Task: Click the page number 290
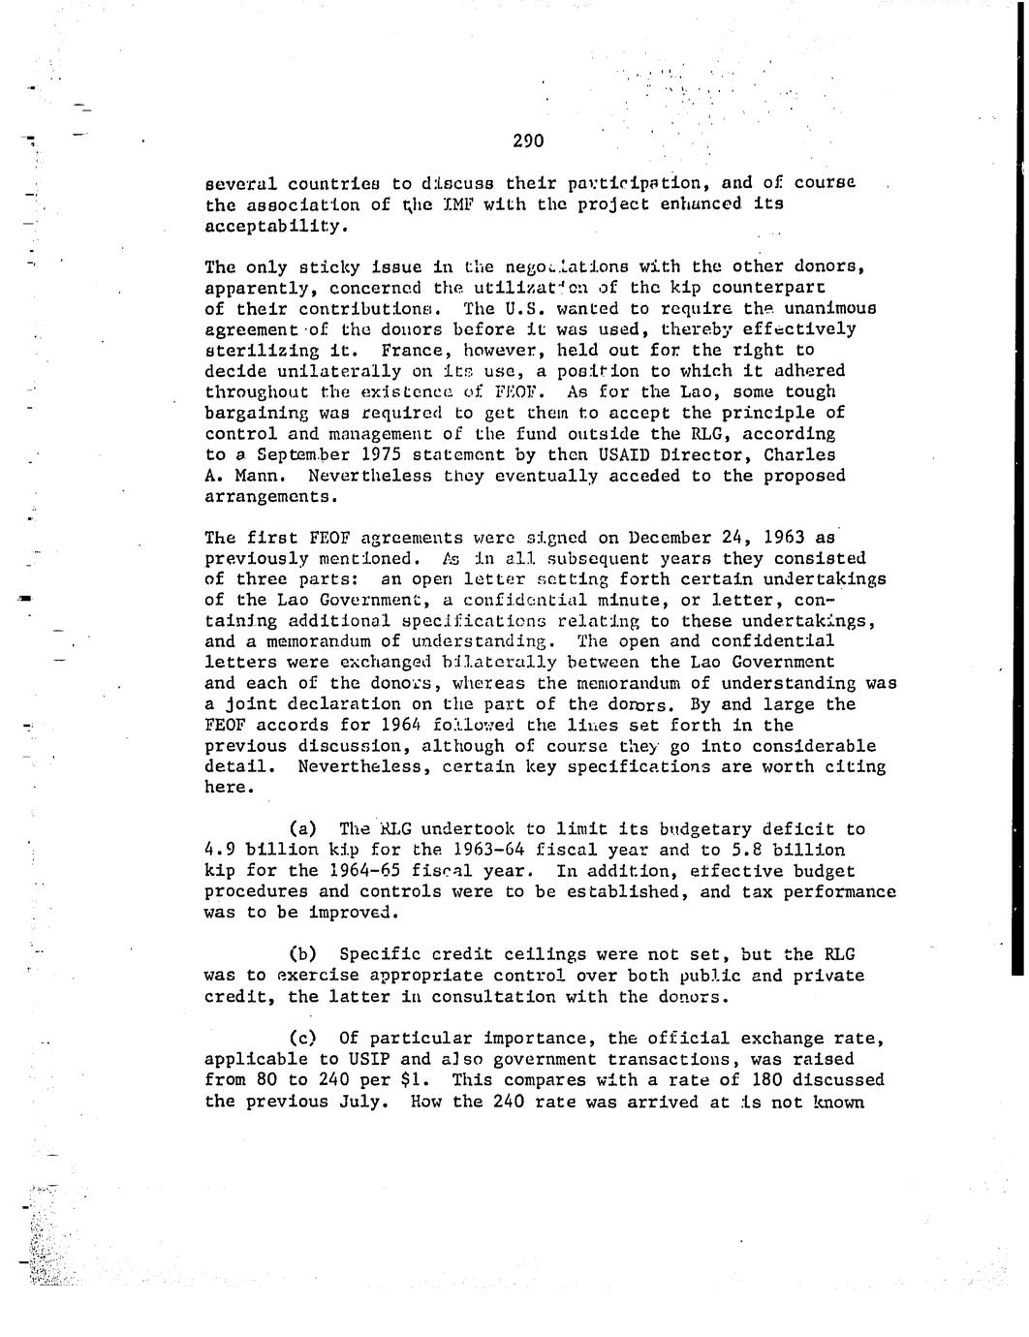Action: [x=528, y=141]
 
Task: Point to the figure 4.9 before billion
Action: [x=221, y=850]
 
